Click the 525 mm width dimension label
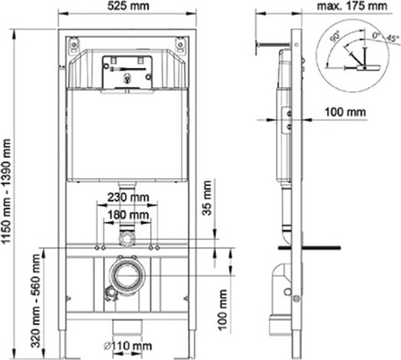pos(126,8)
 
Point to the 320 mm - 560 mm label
pos(35,293)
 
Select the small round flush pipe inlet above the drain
pos(126,239)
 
